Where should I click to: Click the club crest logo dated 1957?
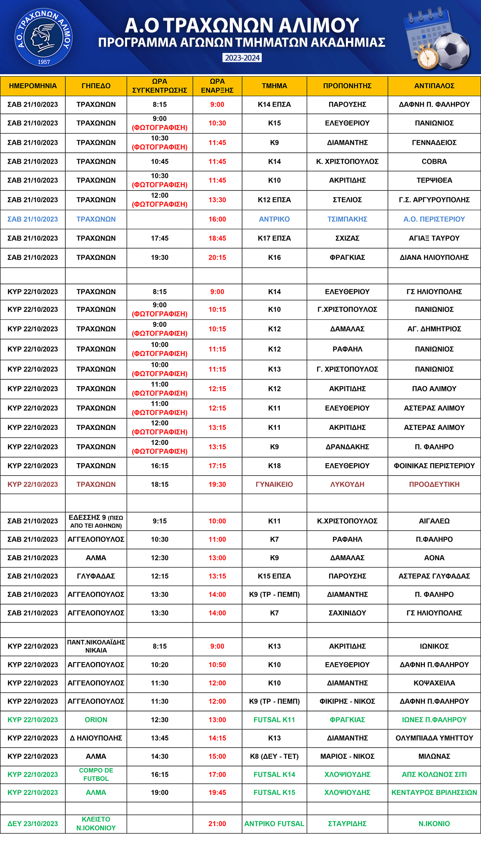coord(43,38)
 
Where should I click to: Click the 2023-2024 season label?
coord(242,58)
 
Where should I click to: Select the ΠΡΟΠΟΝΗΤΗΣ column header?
coord(347,86)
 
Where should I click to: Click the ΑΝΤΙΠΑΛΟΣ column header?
coord(434,86)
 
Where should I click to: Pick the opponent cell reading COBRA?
coord(434,162)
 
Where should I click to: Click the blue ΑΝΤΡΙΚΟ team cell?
coord(274,219)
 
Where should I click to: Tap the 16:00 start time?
coord(217,219)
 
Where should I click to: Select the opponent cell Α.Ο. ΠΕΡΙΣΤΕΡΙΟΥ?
coord(434,219)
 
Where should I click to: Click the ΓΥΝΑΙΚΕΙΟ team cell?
coord(274,484)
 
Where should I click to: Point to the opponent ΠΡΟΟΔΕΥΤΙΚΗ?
coord(434,484)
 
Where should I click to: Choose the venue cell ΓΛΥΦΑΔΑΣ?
coord(96,576)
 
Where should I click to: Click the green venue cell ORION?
coord(96,720)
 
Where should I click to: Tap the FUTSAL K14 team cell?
coord(274,774)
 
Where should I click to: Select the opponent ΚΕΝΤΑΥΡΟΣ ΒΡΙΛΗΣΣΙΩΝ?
coord(434,792)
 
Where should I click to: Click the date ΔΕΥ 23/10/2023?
coord(32,824)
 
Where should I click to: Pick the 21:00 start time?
coord(217,824)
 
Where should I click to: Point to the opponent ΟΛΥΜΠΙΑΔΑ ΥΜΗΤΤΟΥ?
coord(434,738)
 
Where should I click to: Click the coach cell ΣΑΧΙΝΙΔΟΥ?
coord(347,613)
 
